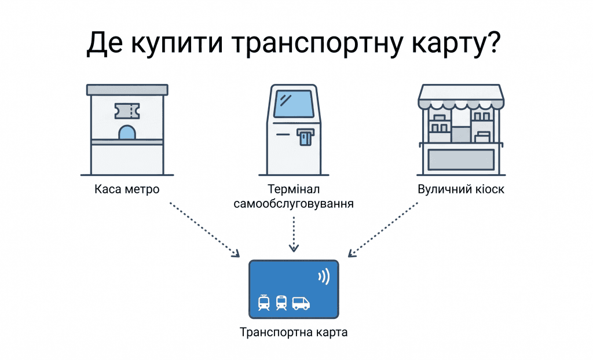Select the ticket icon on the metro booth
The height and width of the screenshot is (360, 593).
point(128,109)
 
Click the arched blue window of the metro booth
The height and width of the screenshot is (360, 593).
point(127,133)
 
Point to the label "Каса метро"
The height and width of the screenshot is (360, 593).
point(127,189)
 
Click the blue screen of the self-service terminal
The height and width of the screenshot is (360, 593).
point(294,104)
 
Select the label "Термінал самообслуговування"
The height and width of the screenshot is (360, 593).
point(294,197)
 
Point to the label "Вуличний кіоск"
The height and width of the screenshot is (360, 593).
point(461,189)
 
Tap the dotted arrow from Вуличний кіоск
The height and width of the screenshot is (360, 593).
point(383,229)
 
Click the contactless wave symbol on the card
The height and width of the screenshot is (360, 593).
point(324,277)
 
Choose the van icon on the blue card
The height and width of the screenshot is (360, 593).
point(301,303)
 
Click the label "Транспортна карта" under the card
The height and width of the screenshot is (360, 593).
point(294,333)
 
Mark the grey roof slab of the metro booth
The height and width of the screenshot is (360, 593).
point(127,90)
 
